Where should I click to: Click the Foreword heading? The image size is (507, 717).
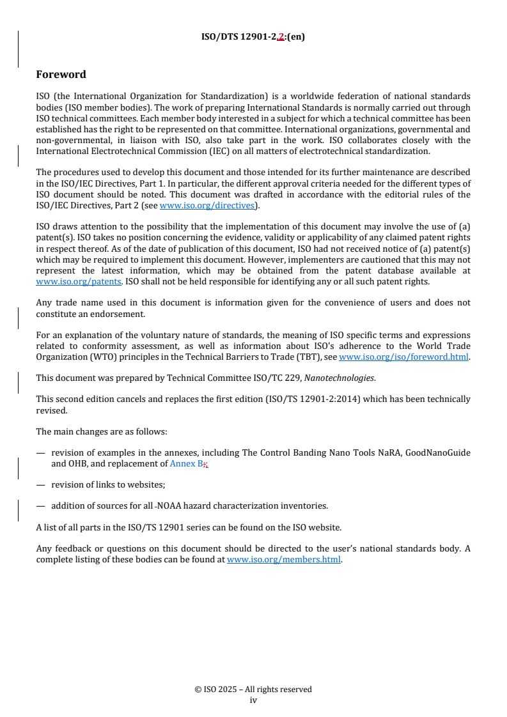point(61,75)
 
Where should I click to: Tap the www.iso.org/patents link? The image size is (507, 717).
point(66,281)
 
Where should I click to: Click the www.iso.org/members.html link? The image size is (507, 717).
point(284,560)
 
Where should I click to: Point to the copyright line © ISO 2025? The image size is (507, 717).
point(253,690)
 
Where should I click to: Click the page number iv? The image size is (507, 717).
point(253,700)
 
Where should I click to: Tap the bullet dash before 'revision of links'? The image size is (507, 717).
point(40,485)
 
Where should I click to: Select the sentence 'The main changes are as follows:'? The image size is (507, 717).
point(102,432)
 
